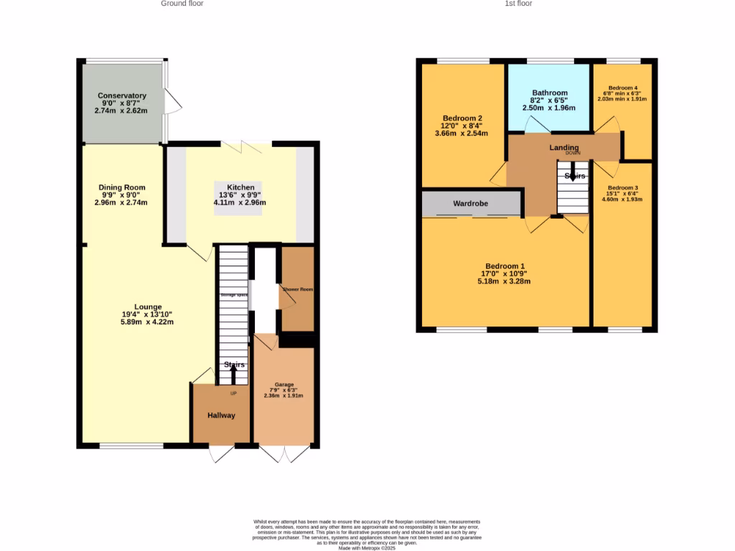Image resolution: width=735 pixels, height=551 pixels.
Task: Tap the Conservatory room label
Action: click(x=122, y=95)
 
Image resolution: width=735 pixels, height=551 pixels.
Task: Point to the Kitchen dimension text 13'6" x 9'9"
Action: click(x=240, y=194)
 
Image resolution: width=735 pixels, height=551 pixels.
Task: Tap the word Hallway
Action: click(x=221, y=415)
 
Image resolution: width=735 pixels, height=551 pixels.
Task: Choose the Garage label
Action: click(x=284, y=385)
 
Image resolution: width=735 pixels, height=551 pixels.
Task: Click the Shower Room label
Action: click(x=297, y=289)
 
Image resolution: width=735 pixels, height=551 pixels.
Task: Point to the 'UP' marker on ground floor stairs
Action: click(x=233, y=392)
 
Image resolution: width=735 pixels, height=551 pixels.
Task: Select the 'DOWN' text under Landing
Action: click(x=573, y=154)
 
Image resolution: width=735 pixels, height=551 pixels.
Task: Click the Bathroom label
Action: click(x=549, y=93)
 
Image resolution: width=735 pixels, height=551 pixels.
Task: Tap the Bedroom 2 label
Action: click(x=462, y=118)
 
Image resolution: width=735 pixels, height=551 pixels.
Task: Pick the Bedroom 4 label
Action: click(x=622, y=88)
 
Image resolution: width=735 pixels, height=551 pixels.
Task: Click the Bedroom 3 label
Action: click(x=622, y=187)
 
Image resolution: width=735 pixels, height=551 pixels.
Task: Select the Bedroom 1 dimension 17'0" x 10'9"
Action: click(x=505, y=273)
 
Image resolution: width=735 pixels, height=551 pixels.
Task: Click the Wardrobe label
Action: click(x=470, y=204)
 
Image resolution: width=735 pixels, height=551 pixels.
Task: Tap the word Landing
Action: click(x=564, y=148)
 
